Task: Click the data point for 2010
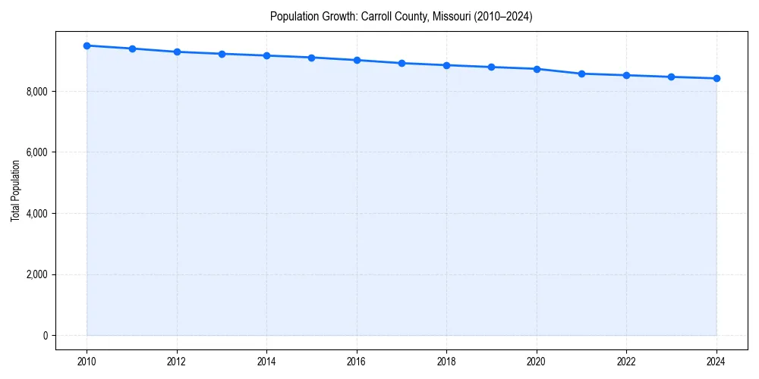click(87, 45)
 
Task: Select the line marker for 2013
click(222, 54)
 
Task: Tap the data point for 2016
click(357, 60)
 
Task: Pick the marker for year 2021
click(581, 74)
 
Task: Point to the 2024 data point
click(716, 78)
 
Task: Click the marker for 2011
click(132, 49)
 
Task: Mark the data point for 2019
click(492, 67)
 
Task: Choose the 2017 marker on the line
click(402, 63)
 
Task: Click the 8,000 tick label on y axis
click(37, 92)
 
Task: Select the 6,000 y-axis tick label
click(37, 152)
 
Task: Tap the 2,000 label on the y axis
click(37, 274)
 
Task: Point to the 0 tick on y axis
click(45, 336)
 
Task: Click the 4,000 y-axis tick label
click(37, 214)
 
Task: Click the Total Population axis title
click(15, 190)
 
